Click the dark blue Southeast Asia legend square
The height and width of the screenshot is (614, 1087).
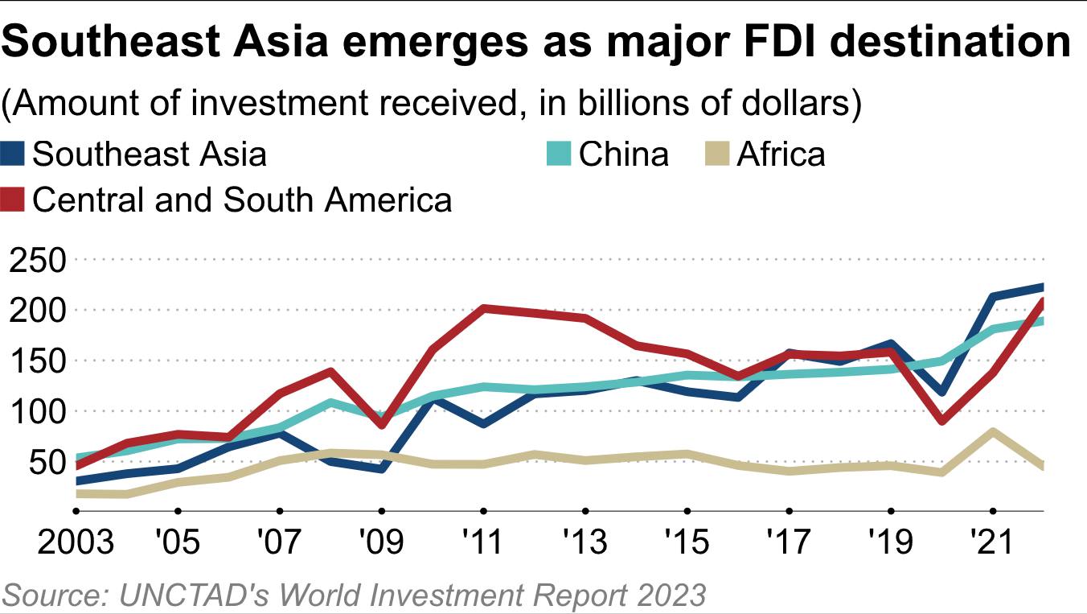14,154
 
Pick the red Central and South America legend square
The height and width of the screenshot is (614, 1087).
14,200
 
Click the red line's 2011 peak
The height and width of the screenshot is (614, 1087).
483,308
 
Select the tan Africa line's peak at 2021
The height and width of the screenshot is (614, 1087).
993,431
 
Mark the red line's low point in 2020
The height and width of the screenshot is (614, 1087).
941,421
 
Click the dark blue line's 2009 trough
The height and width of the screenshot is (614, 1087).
381,468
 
